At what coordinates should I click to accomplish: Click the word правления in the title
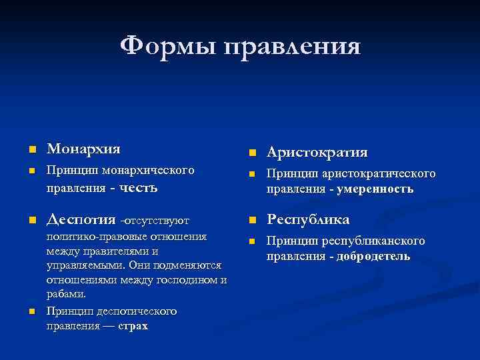pyautogui.click(x=293, y=47)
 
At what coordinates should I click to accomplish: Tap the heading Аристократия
pyautogui.click(x=317, y=153)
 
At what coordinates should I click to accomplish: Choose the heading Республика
pyautogui.click(x=308, y=219)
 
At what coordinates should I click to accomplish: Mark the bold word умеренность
pyautogui.click(x=375, y=189)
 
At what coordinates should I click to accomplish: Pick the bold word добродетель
pyautogui.click(x=374, y=256)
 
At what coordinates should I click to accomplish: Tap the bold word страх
pyautogui.click(x=133, y=326)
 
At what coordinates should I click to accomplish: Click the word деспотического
pyautogui.click(x=134, y=311)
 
